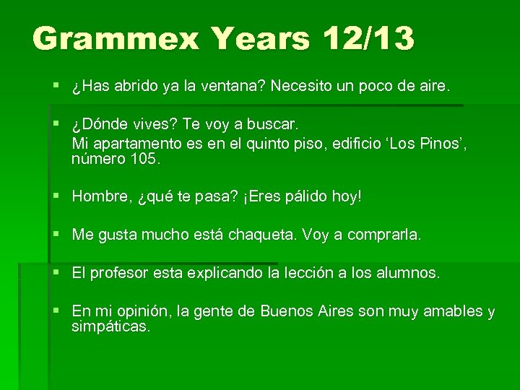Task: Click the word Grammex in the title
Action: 115,38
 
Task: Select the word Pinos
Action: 441,144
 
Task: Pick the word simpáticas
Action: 110,326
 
